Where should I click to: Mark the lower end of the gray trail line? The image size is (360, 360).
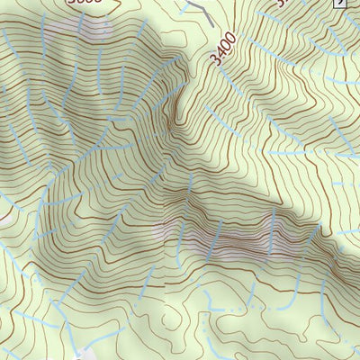coord(211,23)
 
